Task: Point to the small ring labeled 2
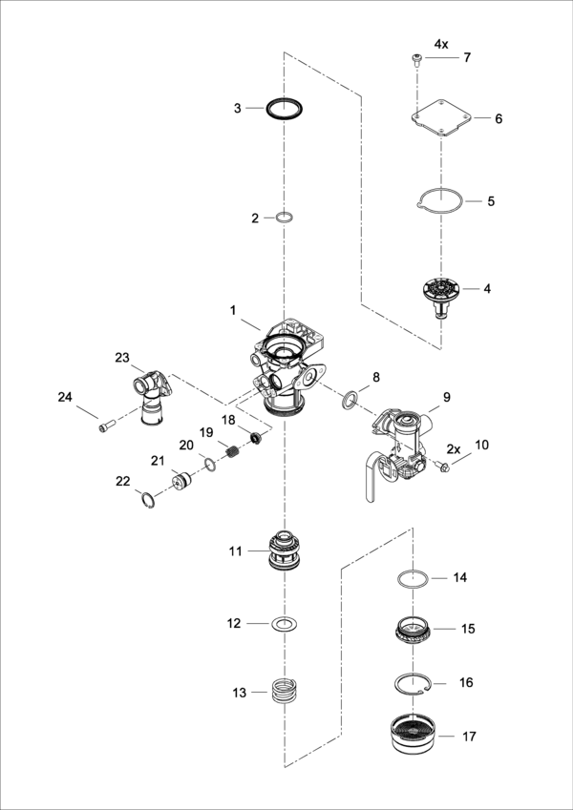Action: (x=283, y=218)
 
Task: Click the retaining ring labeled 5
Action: (x=441, y=201)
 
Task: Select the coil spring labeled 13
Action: (x=284, y=689)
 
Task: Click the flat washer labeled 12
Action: (x=283, y=624)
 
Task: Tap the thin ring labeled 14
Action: (x=413, y=578)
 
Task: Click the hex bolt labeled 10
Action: (x=441, y=466)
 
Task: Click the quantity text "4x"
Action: (x=440, y=44)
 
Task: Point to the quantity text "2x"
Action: (x=454, y=448)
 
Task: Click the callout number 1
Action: (x=231, y=310)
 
